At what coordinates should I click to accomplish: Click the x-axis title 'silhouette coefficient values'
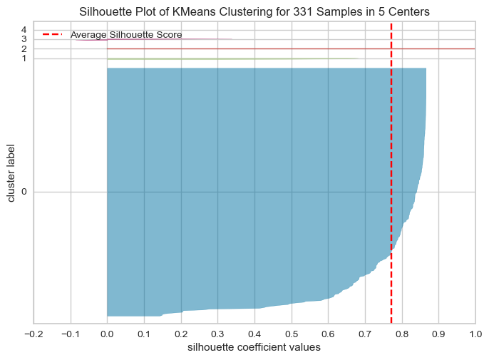pos(254,348)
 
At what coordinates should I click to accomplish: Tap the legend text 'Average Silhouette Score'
pos(125,35)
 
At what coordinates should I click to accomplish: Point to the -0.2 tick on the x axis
pos(34,334)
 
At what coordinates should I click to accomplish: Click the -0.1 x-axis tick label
pos(70,334)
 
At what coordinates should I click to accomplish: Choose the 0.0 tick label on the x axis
pos(107,334)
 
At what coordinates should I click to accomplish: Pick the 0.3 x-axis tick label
pos(217,334)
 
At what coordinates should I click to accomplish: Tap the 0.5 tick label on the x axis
pos(291,334)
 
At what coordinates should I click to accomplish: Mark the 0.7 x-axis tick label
pos(365,334)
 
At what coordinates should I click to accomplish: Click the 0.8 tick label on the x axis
pos(401,334)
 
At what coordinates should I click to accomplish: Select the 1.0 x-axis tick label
pos(475,334)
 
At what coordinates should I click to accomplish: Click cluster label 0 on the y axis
pos(24,192)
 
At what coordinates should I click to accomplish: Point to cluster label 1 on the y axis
pos(24,58)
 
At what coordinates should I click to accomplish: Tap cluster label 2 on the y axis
pos(24,48)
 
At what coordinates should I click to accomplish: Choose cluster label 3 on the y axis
pos(24,39)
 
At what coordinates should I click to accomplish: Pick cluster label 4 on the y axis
pos(24,29)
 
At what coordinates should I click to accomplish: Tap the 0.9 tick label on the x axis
pos(438,334)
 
